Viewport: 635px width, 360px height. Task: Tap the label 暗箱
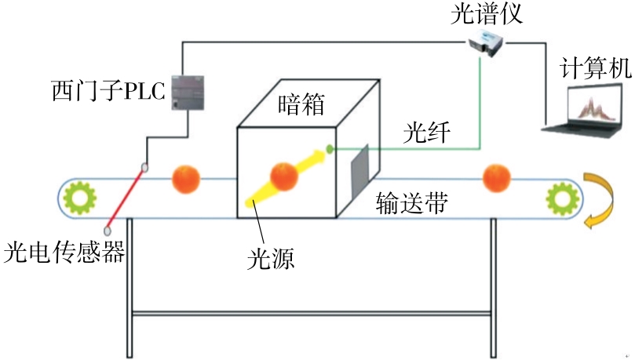[x=301, y=104]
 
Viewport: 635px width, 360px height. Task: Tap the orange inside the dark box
[x=283, y=176]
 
